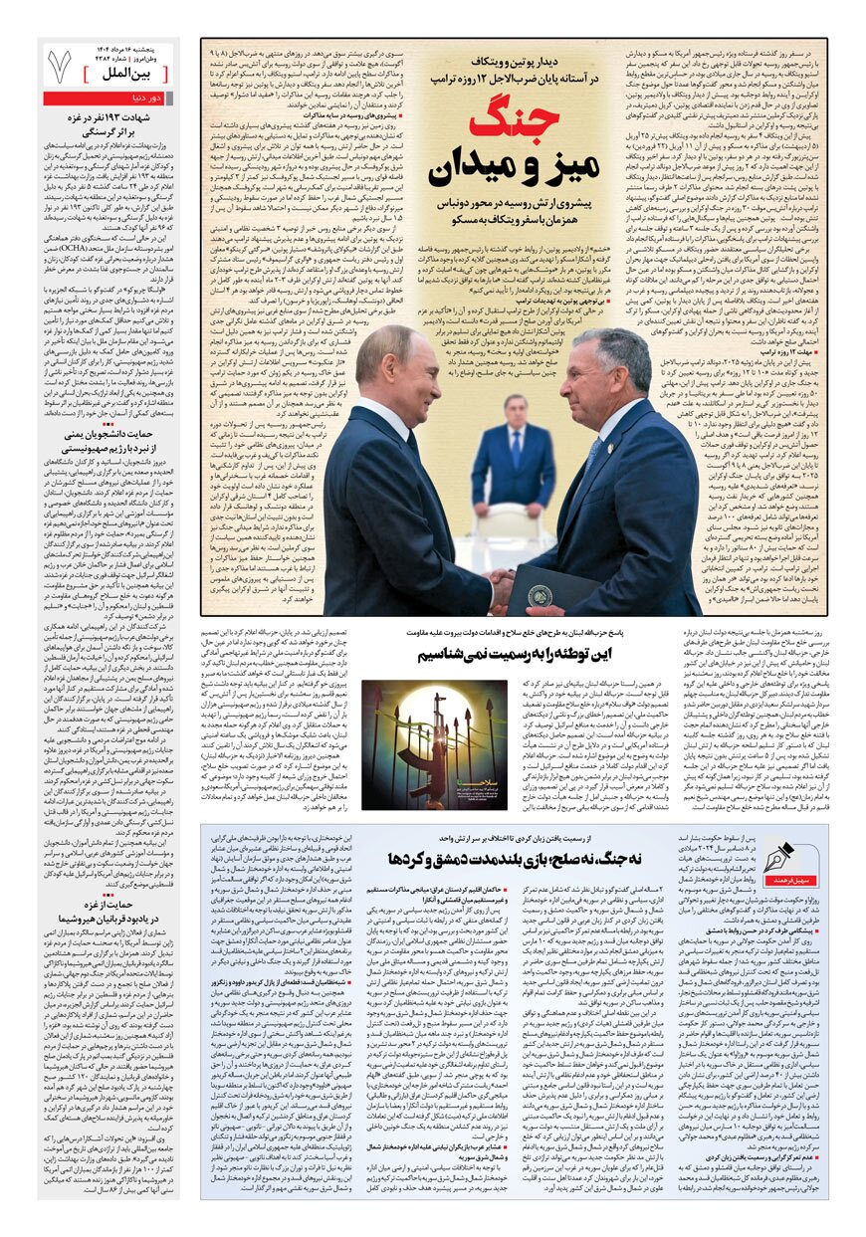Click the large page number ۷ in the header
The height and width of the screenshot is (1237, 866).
click(x=62, y=66)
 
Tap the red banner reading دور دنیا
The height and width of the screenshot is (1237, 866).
click(x=149, y=99)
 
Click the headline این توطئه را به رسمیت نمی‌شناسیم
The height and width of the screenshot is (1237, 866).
click(x=515, y=654)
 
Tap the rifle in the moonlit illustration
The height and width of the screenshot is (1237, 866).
click(x=439, y=725)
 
